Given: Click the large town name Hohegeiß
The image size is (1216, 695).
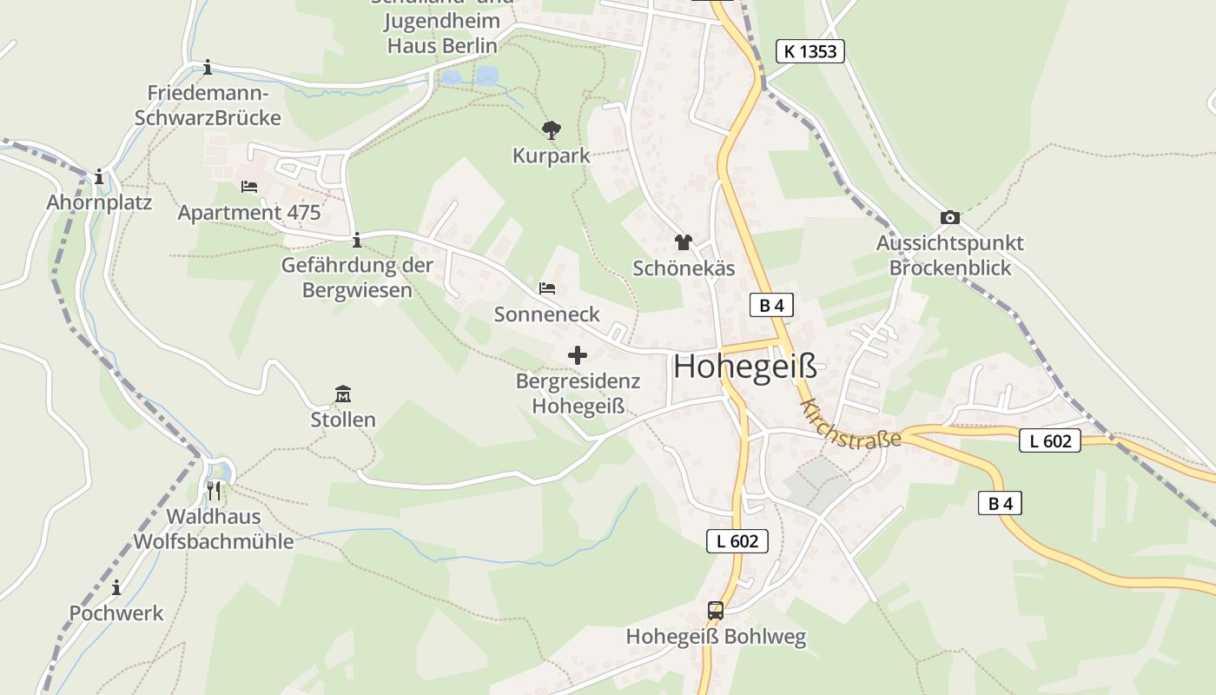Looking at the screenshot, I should tap(745, 367).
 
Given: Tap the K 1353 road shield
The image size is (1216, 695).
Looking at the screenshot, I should tap(810, 51).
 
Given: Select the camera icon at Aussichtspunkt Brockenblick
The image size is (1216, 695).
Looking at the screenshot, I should tap(949, 217).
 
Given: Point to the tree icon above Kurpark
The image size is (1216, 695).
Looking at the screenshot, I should tap(551, 130).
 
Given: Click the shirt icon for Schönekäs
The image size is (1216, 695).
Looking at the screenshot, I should tap(684, 242).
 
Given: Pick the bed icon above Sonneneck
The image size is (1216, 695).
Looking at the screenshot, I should tap(546, 288).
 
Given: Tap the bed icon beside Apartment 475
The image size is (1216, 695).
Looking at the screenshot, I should tap(249, 187).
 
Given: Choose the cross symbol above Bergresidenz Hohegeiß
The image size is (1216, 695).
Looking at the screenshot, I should tap(577, 355).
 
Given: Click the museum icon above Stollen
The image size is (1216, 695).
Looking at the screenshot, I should tap(343, 394).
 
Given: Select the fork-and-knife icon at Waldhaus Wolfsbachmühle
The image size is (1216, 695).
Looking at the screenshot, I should tap(214, 491).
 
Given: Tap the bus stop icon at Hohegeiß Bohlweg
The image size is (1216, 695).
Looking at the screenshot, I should tap(716, 611).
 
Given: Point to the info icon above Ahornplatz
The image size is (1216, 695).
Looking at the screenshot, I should tap(99, 177).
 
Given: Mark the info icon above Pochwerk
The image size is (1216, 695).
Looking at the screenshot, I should tap(116, 588).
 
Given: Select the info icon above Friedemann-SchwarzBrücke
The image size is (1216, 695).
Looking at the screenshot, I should tap(208, 68).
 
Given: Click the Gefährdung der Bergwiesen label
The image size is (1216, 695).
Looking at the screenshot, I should tap(357, 277).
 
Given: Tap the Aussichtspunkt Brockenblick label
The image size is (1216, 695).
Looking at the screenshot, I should tap(949, 255).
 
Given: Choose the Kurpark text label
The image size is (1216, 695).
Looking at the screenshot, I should tap(551, 156).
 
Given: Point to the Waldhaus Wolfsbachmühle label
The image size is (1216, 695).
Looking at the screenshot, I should tap(214, 529).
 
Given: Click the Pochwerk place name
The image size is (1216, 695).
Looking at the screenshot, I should tap(116, 613).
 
